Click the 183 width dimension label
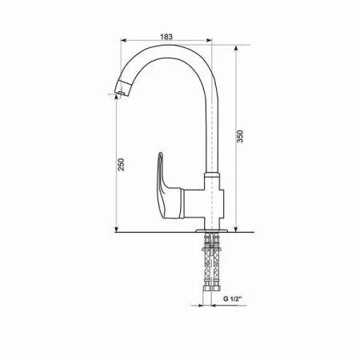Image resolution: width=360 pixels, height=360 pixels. click(166, 37)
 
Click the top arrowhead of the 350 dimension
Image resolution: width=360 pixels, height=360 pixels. click(238, 46)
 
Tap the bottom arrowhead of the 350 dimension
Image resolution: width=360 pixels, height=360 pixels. click(238, 230)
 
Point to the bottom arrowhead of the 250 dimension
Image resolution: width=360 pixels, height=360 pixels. click(118, 230)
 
